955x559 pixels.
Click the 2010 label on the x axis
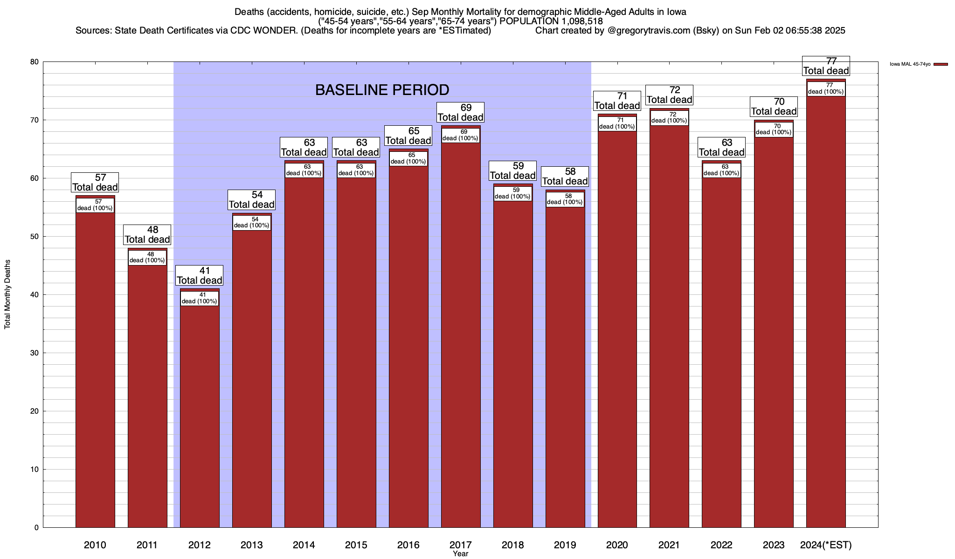95,545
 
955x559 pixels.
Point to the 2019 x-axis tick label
565,545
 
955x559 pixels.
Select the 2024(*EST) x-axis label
826,545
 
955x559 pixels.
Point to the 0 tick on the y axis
36,528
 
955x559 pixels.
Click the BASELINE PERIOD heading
382,90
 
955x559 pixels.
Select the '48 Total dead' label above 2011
147,235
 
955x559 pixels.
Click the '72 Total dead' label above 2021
670,95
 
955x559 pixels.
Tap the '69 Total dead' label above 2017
461,113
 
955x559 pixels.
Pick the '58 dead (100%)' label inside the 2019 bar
565,199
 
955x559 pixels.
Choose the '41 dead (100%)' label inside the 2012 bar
199,298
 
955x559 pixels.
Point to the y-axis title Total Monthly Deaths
7,294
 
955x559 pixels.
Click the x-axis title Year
460,554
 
